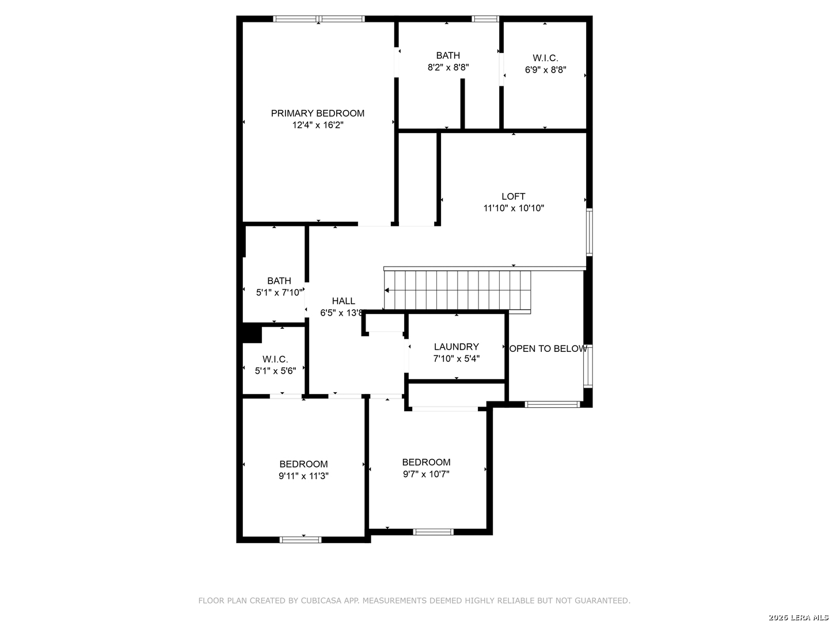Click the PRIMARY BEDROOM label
[x=317, y=113]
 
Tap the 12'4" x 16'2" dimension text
[x=317, y=125]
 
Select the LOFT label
[x=513, y=196]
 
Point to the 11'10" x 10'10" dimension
[x=514, y=208]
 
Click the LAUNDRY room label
[x=456, y=347]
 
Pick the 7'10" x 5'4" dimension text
[x=456, y=358]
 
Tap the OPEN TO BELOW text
[x=548, y=348]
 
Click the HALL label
[x=343, y=301]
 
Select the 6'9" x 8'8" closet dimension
[x=545, y=70]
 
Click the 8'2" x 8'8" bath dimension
[x=448, y=67]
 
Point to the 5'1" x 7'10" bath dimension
[x=279, y=293]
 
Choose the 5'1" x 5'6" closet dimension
[x=275, y=371]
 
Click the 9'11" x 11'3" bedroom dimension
[x=303, y=476]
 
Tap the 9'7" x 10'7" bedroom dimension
[x=426, y=474]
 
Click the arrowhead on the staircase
[x=387, y=290]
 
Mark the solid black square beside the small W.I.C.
[x=252, y=333]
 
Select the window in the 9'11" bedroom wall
[x=301, y=540]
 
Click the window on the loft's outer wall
[x=589, y=232]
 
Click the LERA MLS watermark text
[x=807, y=617]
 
